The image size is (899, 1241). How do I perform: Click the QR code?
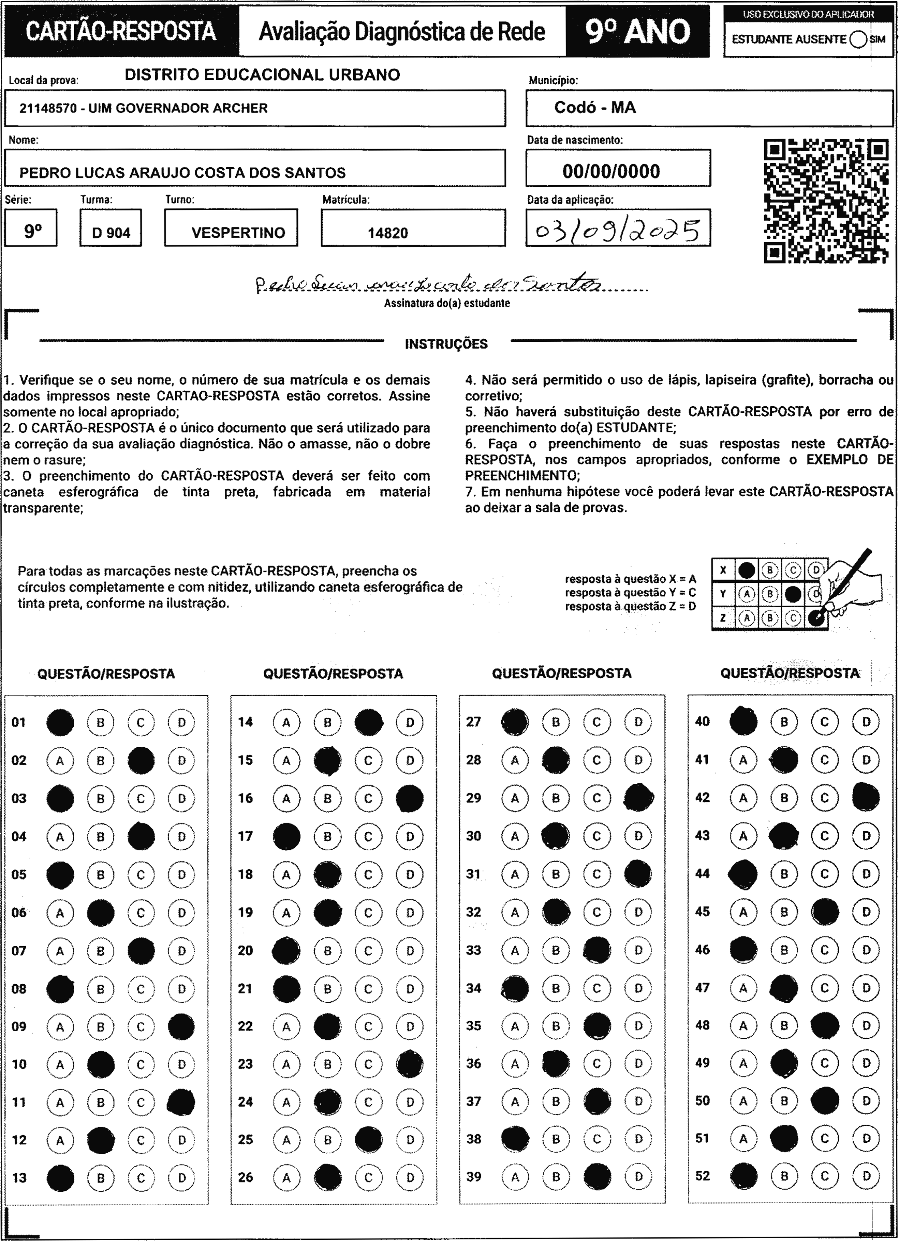826,201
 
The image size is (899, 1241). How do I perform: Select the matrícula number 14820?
387,233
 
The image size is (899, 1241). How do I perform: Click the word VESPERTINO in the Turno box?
238,233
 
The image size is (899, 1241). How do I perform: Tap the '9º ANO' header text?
638,32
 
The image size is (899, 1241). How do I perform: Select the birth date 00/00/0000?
611,171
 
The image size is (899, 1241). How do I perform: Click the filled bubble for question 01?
60,722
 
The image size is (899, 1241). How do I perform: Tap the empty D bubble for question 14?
410,722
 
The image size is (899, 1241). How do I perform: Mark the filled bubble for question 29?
638,798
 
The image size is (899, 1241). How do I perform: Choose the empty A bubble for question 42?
743,798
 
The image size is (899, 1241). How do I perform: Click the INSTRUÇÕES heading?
446,344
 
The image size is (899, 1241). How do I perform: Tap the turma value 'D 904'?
111,233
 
